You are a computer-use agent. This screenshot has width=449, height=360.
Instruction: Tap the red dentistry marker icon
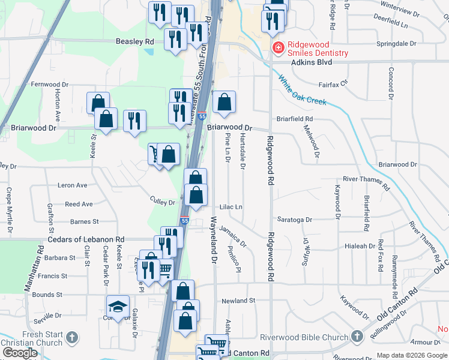pyautogui.click(x=277, y=47)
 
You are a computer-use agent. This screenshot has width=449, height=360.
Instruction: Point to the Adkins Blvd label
pyautogui.click(x=312, y=62)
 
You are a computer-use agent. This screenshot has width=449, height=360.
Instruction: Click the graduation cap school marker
pyautogui.click(x=118, y=307)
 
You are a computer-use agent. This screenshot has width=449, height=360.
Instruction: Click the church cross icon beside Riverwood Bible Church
pyautogui.click(x=357, y=336)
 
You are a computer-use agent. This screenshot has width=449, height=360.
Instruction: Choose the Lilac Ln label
pyautogui.click(x=231, y=207)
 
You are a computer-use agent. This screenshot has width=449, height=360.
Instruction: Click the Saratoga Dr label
pyautogui.click(x=294, y=220)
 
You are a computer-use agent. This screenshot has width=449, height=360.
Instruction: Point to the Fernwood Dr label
pyautogui.click(x=50, y=85)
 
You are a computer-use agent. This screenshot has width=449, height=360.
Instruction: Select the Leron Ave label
pyautogui.click(x=72, y=185)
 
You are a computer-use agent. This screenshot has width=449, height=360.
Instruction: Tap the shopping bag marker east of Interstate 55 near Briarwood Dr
pyautogui.click(x=224, y=103)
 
